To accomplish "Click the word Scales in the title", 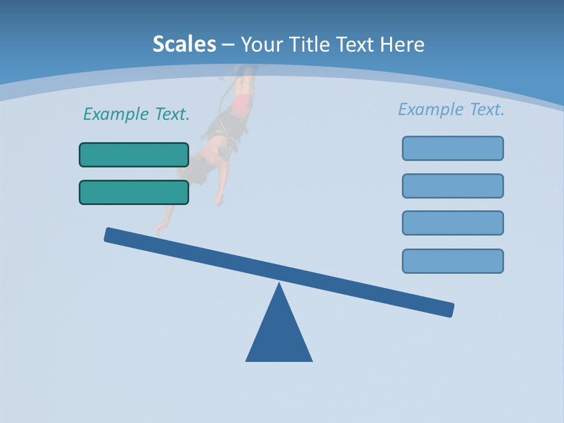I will pyautogui.click(x=184, y=44).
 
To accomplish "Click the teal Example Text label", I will pyautogui.click(x=136, y=114).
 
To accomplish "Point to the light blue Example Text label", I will pyautogui.click(x=451, y=109).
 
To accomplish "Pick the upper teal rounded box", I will pyautogui.click(x=134, y=155).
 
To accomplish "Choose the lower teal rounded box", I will pyautogui.click(x=134, y=192).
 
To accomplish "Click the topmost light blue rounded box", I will pyautogui.click(x=452, y=148).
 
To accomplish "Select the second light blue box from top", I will pyautogui.click(x=452, y=186).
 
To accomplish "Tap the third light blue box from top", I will pyautogui.click(x=452, y=223).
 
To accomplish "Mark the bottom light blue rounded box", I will pyautogui.click(x=452, y=261).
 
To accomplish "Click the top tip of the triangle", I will pyautogui.click(x=279, y=286).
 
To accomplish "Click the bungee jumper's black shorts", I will pyautogui.click(x=223, y=126).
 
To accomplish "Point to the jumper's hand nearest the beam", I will pyautogui.click(x=159, y=230).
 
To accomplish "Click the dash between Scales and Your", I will pyautogui.click(x=229, y=45).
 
